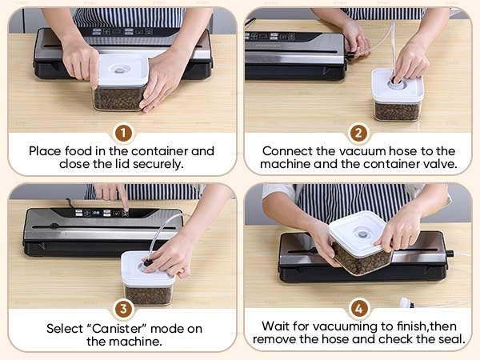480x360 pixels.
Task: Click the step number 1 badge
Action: click(x=123, y=133)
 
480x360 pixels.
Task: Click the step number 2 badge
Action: click(x=358, y=133)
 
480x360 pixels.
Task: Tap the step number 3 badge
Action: click(x=123, y=309)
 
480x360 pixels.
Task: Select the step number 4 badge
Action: click(x=358, y=309)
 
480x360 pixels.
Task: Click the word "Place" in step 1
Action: click(x=45, y=151)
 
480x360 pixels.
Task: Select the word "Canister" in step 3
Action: click(x=118, y=329)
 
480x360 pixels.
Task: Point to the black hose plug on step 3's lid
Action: click(x=147, y=262)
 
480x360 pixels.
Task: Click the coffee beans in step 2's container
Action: click(x=397, y=112)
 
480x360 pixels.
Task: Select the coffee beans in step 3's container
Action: click(x=148, y=295)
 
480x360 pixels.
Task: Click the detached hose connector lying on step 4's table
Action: click(x=407, y=302)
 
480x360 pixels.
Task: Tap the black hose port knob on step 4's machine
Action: click(x=450, y=254)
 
